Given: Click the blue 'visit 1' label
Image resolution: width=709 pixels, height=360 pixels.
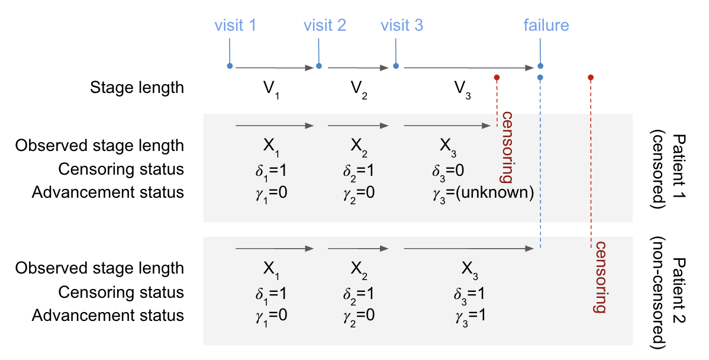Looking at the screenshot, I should tap(235, 25).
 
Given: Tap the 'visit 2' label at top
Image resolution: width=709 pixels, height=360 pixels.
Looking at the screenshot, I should tap(324, 25).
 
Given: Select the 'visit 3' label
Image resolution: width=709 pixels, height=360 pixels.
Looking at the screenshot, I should tap(402, 25).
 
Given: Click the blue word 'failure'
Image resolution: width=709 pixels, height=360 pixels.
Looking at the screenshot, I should tap(546, 25).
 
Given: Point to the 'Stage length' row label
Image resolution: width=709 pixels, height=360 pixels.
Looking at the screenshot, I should tap(137, 88).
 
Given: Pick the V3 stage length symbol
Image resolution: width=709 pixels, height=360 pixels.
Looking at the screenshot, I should tap(462, 89).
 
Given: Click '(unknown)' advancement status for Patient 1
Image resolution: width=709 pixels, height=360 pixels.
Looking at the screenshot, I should tap(502, 192).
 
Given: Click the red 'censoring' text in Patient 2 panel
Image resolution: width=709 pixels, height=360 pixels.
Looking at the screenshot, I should tap(601, 277).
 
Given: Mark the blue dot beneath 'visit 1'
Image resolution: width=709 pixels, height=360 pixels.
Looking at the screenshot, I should tap(230, 66).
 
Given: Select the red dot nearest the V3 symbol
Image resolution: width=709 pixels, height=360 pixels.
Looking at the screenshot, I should tap(497, 78).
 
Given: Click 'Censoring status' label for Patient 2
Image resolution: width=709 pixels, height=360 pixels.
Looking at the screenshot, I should tap(121, 292).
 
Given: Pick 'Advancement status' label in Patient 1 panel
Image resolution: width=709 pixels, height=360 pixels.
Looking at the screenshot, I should tap(108, 192).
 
